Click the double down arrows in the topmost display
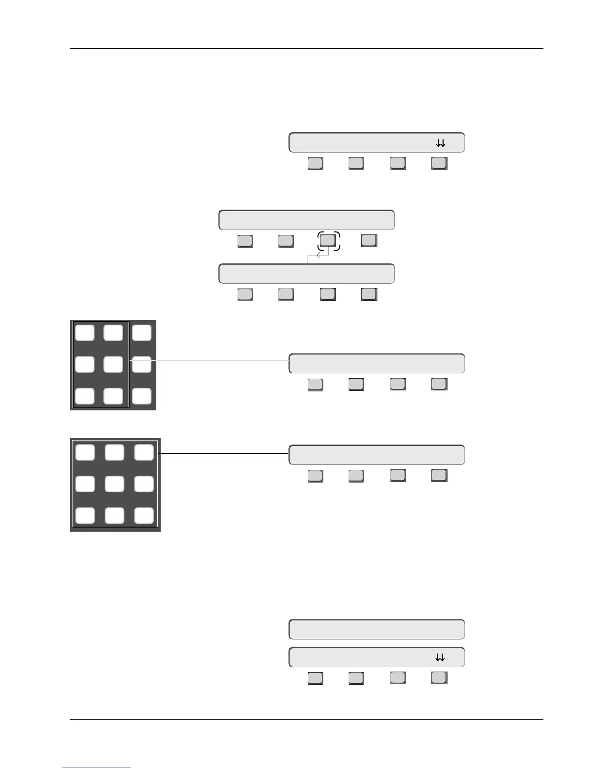pos(440,143)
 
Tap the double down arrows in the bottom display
pos(440,658)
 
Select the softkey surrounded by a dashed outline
pos(328,240)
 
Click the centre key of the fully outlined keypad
pos(114,484)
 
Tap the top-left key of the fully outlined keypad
pos(85,452)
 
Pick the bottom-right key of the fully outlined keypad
pos(144,516)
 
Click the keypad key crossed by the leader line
pos(142,364)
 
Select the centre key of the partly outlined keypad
pos(113,364)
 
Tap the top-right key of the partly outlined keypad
pos(142,333)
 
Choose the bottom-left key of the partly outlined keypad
pos(85,396)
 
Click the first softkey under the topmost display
pos(315,163)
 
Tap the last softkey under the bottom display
pos(439,678)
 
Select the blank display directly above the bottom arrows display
pos(376,629)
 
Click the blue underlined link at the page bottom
pos(96,768)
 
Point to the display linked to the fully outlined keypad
pos(376,455)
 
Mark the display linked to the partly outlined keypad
pos(376,364)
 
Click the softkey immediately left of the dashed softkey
pos(286,241)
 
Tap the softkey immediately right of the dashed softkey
pos(369,240)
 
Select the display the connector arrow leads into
pos(306,274)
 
